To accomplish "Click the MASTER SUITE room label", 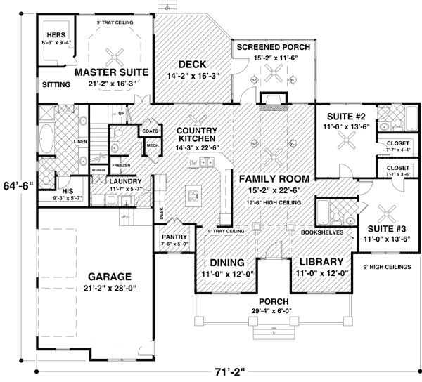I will [x=110, y=72].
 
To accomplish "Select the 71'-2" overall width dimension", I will [x=221, y=373].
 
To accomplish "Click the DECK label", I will [x=191, y=65].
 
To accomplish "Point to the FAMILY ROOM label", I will [x=270, y=178].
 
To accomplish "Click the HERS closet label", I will [x=56, y=34].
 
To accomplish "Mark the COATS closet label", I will [x=149, y=131].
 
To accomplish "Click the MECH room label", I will [x=151, y=145].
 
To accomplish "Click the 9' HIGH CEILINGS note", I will [x=388, y=266].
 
